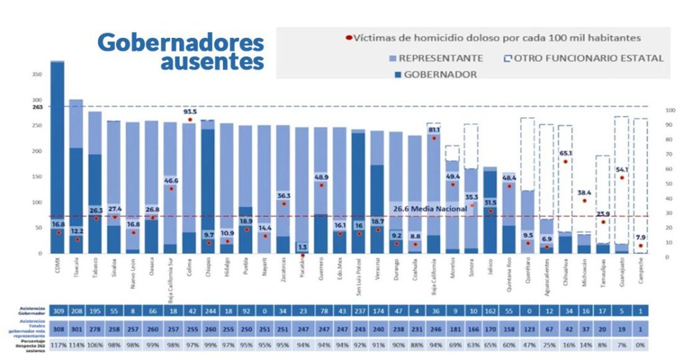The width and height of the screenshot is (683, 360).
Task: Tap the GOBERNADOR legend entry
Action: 440,75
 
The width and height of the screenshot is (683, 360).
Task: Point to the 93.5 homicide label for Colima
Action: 189,111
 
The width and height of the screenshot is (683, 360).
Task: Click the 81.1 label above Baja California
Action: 434,130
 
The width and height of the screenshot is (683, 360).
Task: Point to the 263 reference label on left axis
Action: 34,107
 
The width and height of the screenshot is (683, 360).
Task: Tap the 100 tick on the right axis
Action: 670,111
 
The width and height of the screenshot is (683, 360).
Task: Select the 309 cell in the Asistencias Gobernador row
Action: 57,311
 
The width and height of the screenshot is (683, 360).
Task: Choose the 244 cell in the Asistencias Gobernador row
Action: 207,311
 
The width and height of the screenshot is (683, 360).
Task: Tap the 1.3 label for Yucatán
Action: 302,247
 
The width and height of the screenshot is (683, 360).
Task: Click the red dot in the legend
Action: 349,37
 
